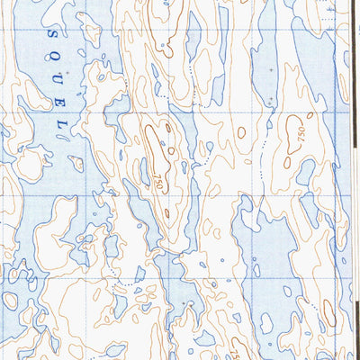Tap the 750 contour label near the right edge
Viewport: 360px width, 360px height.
coord(296,134)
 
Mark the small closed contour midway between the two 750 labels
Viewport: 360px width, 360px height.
coord(241,132)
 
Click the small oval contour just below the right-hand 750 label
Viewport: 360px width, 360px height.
coord(287,163)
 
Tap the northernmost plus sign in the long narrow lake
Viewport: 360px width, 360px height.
coord(270,68)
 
